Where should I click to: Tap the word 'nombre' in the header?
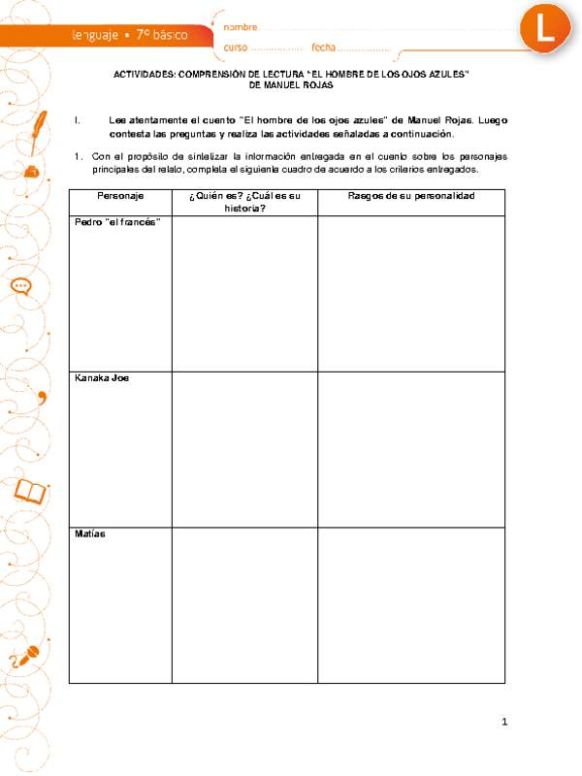click(x=241, y=26)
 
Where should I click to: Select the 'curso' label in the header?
click(x=236, y=48)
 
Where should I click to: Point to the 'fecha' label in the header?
click(x=323, y=48)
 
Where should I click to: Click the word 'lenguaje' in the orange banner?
click(x=94, y=34)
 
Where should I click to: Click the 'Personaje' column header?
click(x=120, y=196)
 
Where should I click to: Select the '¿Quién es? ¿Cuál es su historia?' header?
click(x=244, y=202)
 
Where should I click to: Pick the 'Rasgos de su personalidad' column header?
click(x=411, y=196)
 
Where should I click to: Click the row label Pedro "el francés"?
click(x=117, y=222)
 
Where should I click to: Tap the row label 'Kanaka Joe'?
click(x=102, y=378)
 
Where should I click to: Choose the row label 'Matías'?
click(x=90, y=534)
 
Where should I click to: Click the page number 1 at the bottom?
click(x=505, y=722)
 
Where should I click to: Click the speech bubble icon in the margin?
click(x=21, y=287)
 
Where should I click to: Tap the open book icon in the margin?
click(x=29, y=494)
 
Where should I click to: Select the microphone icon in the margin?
click(x=27, y=655)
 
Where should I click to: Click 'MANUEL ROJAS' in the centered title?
click(x=291, y=84)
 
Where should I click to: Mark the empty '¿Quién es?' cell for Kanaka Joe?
click(x=244, y=448)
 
